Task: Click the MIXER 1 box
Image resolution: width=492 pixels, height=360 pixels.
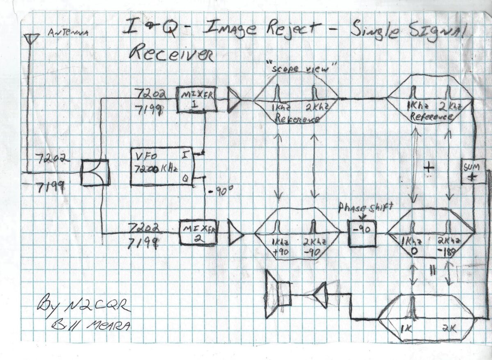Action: pos(195,100)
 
